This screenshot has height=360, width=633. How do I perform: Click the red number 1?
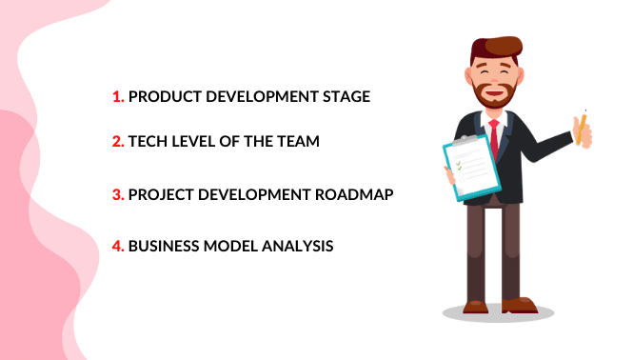tap(117, 97)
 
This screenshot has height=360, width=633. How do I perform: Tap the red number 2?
tap(117, 142)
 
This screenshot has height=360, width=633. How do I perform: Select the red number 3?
tap(117, 194)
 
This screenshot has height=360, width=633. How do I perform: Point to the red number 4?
tap(117, 246)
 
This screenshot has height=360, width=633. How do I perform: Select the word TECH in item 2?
tap(148, 142)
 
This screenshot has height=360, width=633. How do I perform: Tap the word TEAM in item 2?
tap(294, 142)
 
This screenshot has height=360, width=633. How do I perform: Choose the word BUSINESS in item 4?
tap(165, 246)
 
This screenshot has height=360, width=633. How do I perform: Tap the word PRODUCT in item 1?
tap(162, 97)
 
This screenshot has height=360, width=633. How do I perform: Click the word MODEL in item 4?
tap(231, 246)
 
